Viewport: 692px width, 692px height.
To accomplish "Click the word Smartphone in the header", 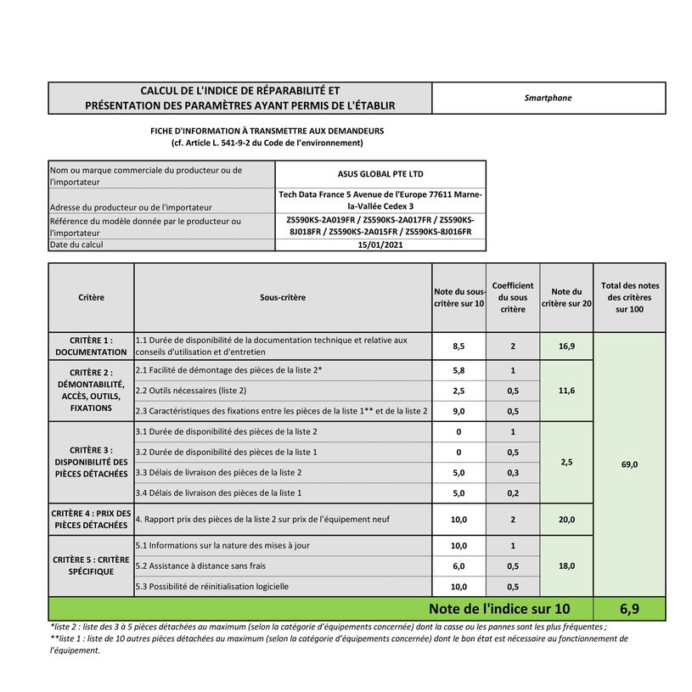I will pyautogui.click(x=549, y=98).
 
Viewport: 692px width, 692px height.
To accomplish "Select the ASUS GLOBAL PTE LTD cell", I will pyautogui.click(x=380, y=174).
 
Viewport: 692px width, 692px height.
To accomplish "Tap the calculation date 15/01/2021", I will pyautogui.click(x=380, y=245).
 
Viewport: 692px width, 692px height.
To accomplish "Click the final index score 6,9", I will pyautogui.click(x=629, y=609).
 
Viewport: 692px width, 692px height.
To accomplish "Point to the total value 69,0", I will pyautogui.click(x=629, y=464).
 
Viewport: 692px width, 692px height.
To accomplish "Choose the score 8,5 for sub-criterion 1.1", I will pyautogui.click(x=459, y=346).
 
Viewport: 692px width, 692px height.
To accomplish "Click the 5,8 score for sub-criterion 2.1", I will pyautogui.click(x=459, y=371).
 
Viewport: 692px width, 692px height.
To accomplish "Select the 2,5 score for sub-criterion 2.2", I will pyautogui.click(x=459, y=391).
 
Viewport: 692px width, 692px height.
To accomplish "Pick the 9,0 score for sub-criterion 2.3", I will pyautogui.click(x=459, y=412).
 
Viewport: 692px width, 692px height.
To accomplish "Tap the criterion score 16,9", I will pyautogui.click(x=566, y=346).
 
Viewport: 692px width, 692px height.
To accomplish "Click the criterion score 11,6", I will pyautogui.click(x=566, y=391).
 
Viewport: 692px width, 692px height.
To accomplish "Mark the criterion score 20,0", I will pyautogui.click(x=566, y=520).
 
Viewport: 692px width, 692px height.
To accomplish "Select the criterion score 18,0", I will pyautogui.click(x=566, y=565).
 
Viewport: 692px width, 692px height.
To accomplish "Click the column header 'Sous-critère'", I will pyautogui.click(x=283, y=298).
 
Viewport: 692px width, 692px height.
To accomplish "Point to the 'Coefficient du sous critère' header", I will pyautogui.click(x=513, y=298).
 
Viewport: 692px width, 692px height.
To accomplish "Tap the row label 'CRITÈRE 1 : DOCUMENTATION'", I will pyautogui.click(x=91, y=346).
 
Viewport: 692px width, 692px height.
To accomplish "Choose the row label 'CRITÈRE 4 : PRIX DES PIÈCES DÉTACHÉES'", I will pyautogui.click(x=91, y=520).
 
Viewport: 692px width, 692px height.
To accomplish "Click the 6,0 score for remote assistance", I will pyautogui.click(x=459, y=566).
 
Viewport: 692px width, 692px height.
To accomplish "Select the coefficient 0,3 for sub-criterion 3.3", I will pyautogui.click(x=513, y=472).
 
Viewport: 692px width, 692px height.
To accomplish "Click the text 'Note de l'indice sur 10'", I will pyautogui.click(x=499, y=609).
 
